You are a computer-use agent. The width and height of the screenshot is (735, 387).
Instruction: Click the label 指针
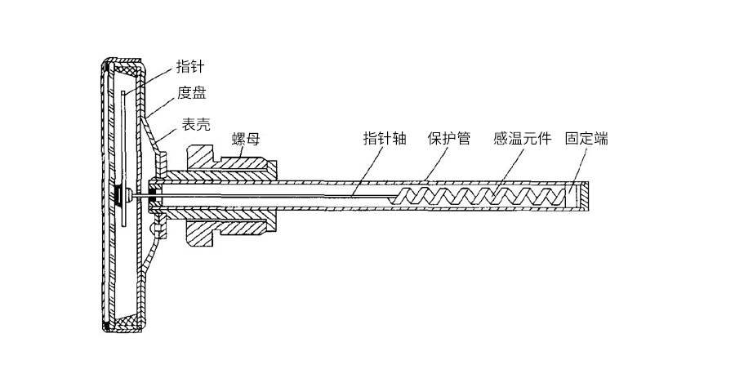(189, 66)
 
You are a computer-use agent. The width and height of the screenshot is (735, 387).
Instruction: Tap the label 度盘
(191, 93)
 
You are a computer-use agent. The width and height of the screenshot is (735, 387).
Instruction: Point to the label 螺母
(246, 139)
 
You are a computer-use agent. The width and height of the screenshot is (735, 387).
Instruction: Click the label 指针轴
(385, 139)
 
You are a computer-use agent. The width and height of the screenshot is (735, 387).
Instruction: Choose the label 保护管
(448, 139)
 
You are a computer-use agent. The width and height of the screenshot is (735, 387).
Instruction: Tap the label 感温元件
(522, 139)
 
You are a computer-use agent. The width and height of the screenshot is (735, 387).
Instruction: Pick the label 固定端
(586, 139)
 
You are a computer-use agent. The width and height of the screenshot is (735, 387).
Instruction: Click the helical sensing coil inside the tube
(476, 195)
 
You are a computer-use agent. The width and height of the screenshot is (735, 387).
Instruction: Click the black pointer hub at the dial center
(119, 195)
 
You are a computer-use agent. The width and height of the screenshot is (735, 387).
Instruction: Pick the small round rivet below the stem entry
(154, 229)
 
